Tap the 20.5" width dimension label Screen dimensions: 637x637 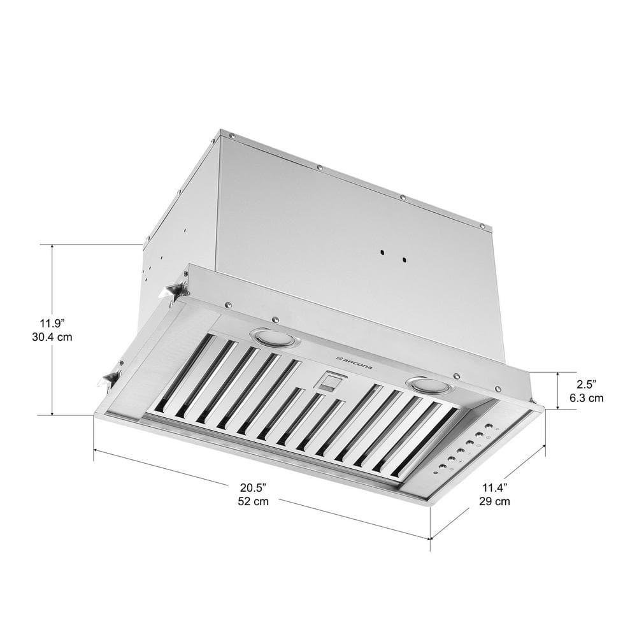253,488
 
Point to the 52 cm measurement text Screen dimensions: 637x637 253,502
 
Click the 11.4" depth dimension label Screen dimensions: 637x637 494,488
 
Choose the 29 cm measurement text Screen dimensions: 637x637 494,502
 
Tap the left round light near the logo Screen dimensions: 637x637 274,338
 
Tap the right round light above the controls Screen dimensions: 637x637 427,384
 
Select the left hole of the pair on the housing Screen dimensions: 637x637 380,253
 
